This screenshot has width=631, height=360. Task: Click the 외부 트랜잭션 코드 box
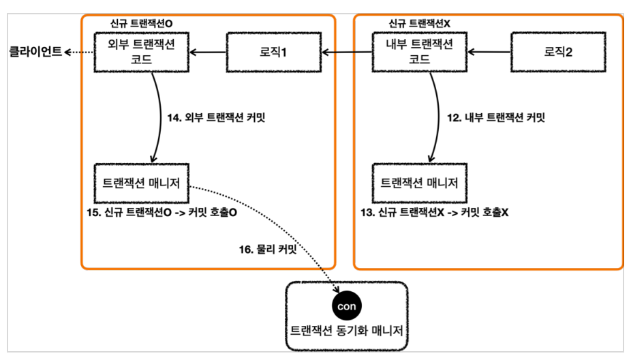(x=141, y=52)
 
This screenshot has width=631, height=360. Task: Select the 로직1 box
(x=274, y=52)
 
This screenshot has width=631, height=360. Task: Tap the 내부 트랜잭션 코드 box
(x=419, y=52)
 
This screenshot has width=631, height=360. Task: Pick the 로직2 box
(x=558, y=52)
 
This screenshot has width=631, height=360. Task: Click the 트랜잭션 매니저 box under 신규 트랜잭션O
(x=141, y=183)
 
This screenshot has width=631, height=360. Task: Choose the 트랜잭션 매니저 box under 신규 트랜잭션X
(x=419, y=183)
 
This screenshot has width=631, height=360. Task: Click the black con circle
(x=346, y=306)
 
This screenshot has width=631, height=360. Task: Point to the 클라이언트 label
(x=35, y=52)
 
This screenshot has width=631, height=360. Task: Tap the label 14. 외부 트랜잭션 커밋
(x=216, y=117)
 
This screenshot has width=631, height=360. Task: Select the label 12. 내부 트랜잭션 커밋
(x=496, y=117)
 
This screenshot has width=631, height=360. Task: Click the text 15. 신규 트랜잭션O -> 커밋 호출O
(x=161, y=212)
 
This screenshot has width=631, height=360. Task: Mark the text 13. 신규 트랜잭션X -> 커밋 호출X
(x=435, y=212)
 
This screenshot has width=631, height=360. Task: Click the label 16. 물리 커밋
(x=268, y=250)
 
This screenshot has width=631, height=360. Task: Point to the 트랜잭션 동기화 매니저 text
(x=346, y=331)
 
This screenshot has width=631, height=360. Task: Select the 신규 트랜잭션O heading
(x=141, y=23)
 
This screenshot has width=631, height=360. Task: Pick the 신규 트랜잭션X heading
(x=419, y=23)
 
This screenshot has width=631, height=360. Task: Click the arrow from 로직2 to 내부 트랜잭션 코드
(x=489, y=52)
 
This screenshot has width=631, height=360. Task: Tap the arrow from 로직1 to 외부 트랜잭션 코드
(x=208, y=52)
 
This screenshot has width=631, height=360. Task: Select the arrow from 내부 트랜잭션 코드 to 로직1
(x=347, y=52)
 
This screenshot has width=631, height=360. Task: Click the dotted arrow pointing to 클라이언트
(x=79, y=52)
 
